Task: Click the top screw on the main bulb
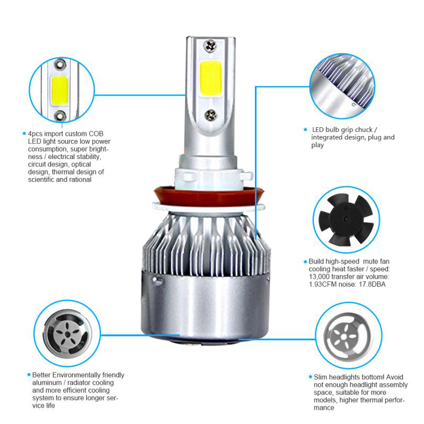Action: (x=210, y=46)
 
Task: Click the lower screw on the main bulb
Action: (x=210, y=116)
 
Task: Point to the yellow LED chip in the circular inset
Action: (x=59, y=91)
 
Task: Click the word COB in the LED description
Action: (x=96, y=134)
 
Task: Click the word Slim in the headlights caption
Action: (x=320, y=377)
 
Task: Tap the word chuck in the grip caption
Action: (x=364, y=129)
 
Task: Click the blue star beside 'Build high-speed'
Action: (x=306, y=261)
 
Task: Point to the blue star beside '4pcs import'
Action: (x=24, y=134)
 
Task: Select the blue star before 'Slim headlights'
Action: (x=311, y=377)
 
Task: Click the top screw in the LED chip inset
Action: (x=60, y=65)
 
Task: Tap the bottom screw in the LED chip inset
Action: (x=60, y=116)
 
